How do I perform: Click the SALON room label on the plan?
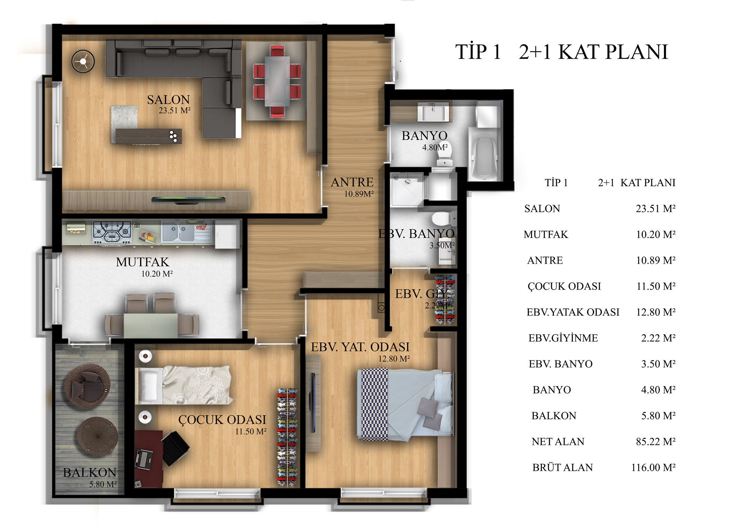[x=168, y=100]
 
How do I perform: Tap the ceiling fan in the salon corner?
[x=83, y=61]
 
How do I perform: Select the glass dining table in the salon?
[x=277, y=81]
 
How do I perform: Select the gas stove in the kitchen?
[x=112, y=232]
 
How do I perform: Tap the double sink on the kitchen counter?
[x=178, y=232]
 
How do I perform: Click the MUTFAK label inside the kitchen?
[x=142, y=262]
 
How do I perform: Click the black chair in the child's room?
[x=176, y=448]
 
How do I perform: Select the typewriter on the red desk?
[x=144, y=459]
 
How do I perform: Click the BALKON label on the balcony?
[x=89, y=472]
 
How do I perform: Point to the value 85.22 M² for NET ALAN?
[x=656, y=441]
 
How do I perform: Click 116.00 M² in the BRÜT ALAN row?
[x=653, y=467]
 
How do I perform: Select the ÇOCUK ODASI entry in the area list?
[x=564, y=286]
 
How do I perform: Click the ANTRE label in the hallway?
[x=352, y=182]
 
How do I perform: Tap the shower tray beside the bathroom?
[x=407, y=190]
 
